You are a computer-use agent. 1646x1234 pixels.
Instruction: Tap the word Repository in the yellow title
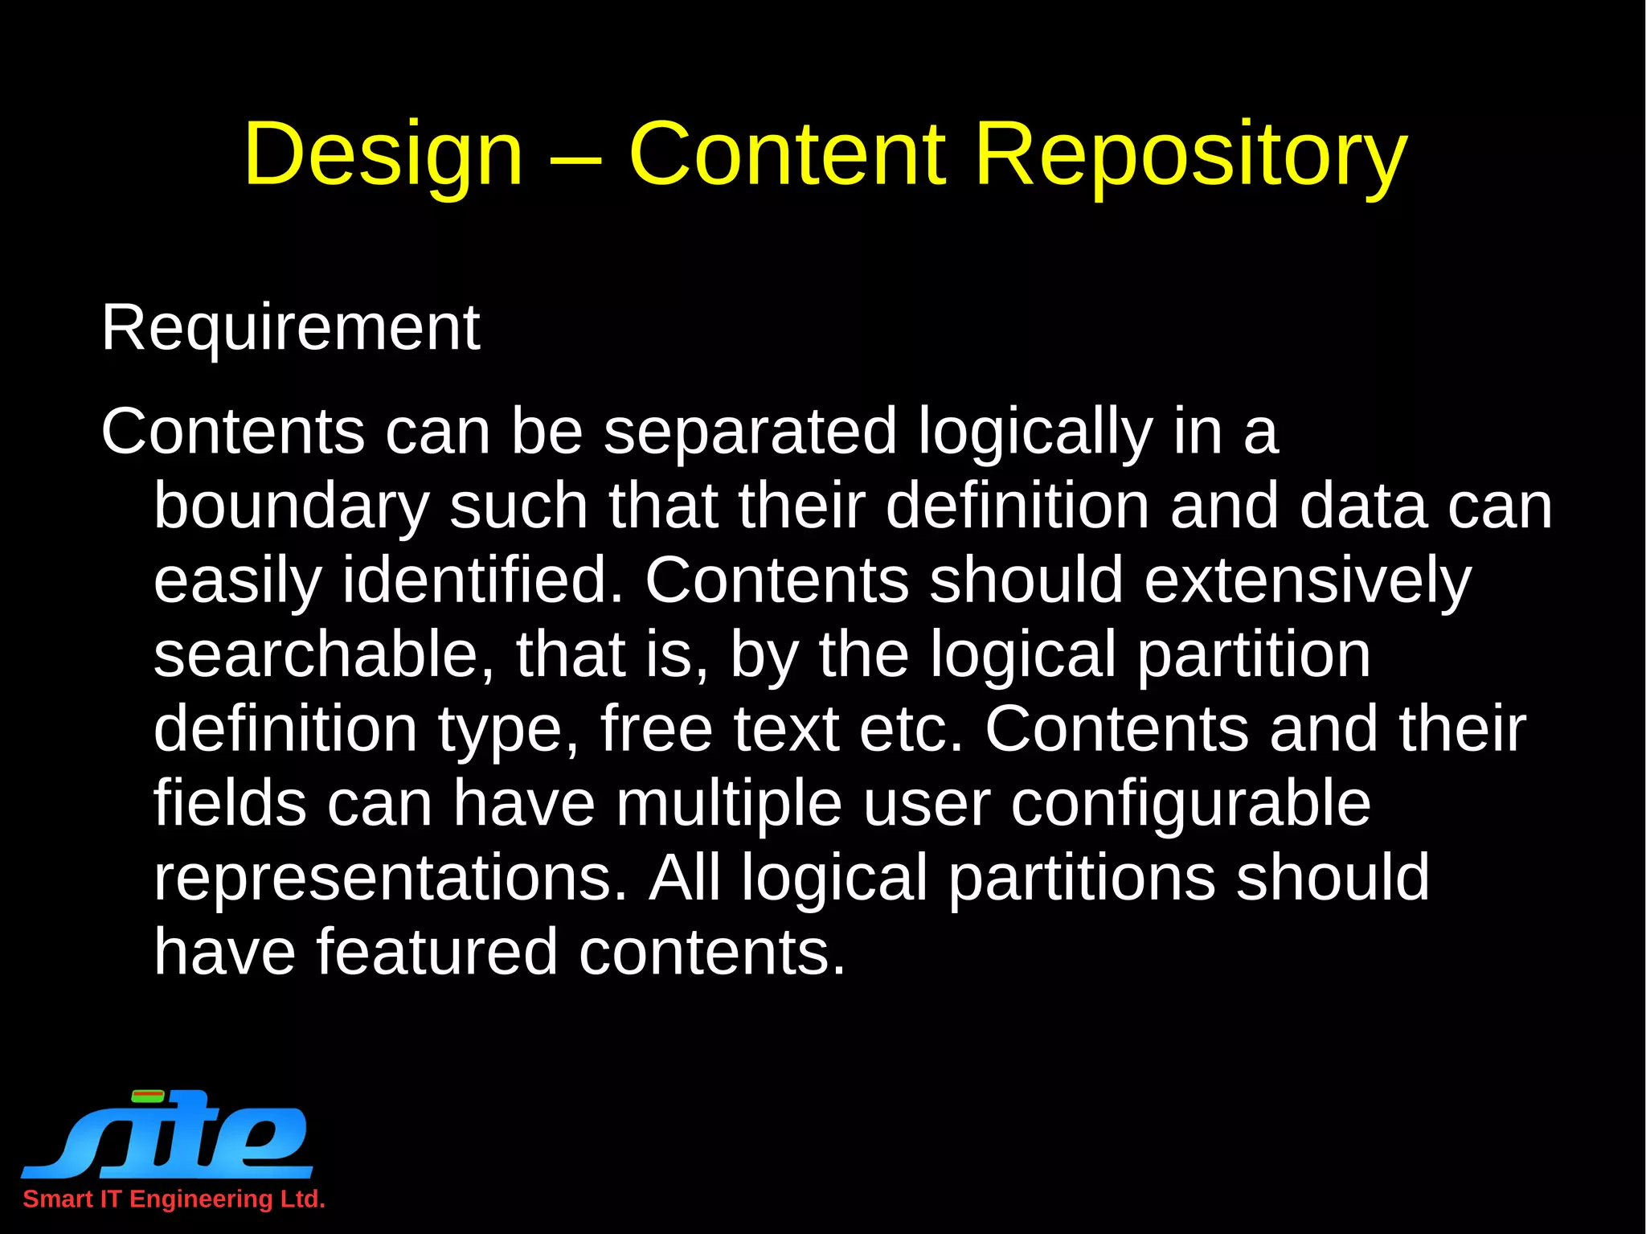pyautogui.click(x=1190, y=154)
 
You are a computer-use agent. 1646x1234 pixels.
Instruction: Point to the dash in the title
pyautogui.click(x=575, y=158)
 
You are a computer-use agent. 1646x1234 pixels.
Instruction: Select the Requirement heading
pyautogui.click(x=290, y=328)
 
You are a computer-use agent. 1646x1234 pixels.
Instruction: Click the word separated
pyautogui.click(x=750, y=431)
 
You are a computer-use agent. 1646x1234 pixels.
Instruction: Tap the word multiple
pyautogui.click(x=729, y=804)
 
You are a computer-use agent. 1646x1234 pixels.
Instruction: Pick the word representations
pyautogui.click(x=390, y=878)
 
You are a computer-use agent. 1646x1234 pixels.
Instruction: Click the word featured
pyautogui.click(x=436, y=952)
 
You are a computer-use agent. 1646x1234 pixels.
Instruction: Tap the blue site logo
pyautogui.click(x=169, y=1134)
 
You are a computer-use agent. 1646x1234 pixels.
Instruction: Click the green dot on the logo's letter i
pyautogui.click(x=148, y=1095)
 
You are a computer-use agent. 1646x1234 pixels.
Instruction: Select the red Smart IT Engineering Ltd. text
pyautogui.click(x=174, y=1199)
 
